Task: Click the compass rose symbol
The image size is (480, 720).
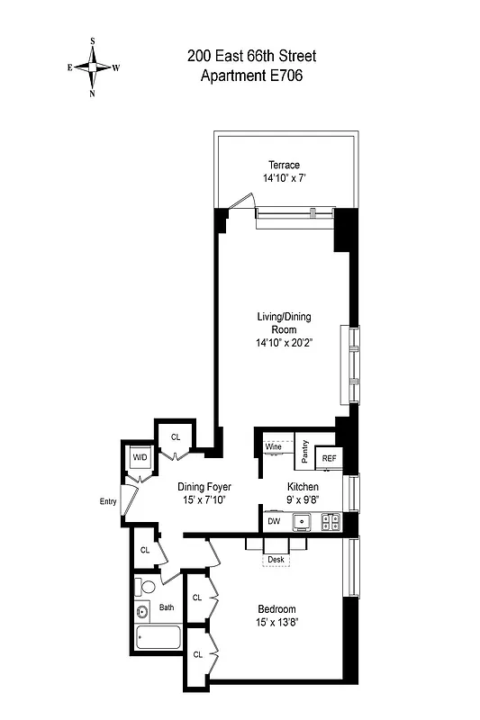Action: (93, 66)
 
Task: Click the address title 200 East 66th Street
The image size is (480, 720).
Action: (251, 57)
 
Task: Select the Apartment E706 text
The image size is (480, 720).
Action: (251, 76)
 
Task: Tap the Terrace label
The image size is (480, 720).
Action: (285, 165)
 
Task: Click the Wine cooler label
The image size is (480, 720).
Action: (275, 446)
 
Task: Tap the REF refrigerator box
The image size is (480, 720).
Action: (330, 458)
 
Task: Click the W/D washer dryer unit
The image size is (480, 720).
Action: (140, 457)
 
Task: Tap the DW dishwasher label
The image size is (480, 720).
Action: (273, 520)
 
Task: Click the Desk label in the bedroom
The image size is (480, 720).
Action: (276, 559)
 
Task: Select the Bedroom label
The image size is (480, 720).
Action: (276, 609)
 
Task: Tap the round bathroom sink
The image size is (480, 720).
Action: (141, 613)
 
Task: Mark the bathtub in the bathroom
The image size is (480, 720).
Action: (156, 641)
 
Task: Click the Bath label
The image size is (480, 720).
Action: (167, 607)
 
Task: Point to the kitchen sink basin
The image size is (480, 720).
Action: (303, 520)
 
